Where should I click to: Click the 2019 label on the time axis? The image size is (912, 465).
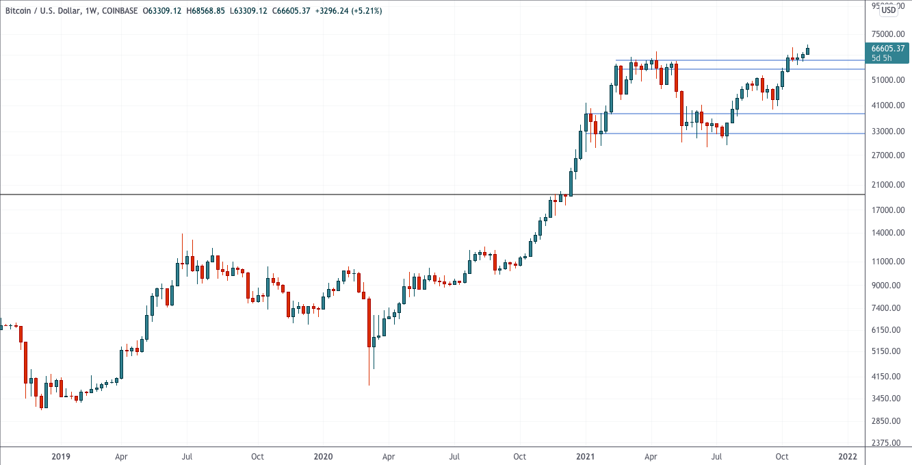click(61, 456)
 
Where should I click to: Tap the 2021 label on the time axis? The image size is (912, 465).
click(586, 456)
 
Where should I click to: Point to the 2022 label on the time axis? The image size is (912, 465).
click(848, 456)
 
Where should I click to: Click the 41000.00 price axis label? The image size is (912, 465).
click(887, 105)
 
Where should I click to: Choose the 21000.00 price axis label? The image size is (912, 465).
click(887, 185)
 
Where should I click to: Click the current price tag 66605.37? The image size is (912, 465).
click(887, 48)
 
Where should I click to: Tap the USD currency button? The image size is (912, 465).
click(889, 10)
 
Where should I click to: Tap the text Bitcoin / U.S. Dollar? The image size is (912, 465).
click(40, 11)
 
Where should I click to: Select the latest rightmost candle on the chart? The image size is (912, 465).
click(807, 51)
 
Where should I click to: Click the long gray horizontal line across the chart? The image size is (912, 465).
click(274, 195)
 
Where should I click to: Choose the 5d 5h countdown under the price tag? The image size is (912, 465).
click(881, 58)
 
